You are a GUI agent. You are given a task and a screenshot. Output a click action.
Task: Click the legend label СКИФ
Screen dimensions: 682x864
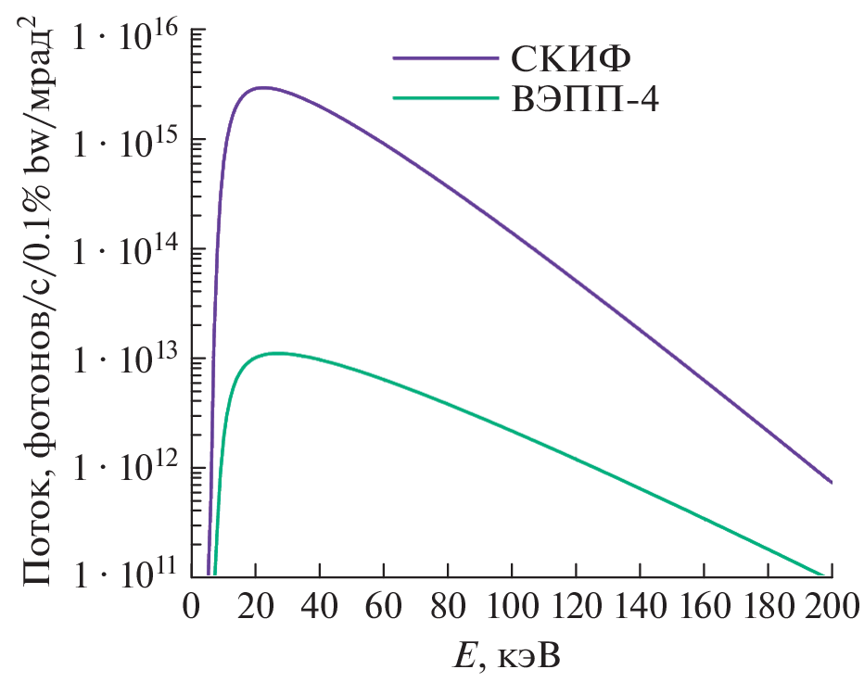coord(570,57)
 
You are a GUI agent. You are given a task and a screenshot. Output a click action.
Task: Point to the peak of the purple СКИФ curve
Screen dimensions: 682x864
coord(263,88)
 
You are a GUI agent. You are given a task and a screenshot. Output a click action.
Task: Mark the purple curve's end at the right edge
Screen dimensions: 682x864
coord(831,482)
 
